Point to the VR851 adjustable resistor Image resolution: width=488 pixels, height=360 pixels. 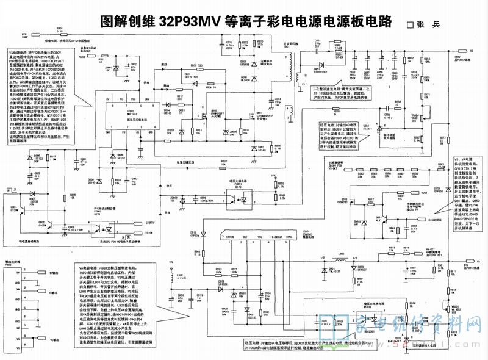point(415,119)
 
